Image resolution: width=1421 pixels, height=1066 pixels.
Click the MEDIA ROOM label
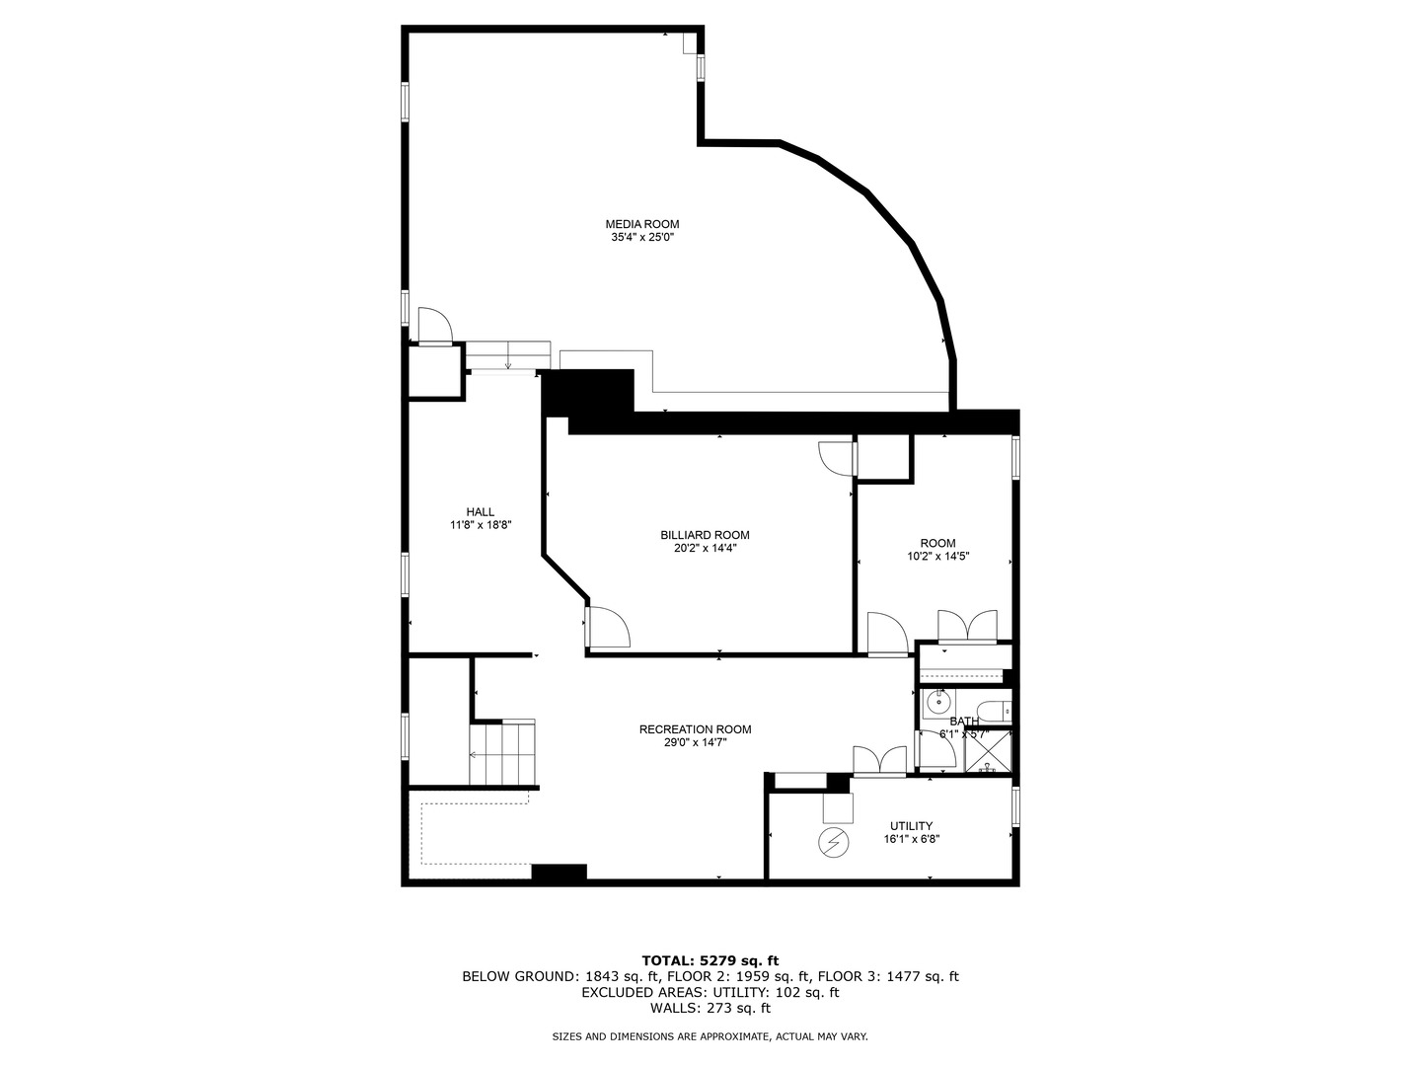(x=641, y=224)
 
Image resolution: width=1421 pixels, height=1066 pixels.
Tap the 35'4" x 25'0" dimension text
(x=641, y=237)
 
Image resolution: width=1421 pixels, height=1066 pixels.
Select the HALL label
(x=481, y=511)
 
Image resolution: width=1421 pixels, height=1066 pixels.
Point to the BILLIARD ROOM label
(x=698, y=535)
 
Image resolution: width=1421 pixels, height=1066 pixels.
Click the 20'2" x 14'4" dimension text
(x=698, y=548)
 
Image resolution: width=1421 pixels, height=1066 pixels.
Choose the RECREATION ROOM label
(x=695, y=729)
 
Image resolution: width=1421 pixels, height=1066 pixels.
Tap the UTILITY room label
(x=910, y=826)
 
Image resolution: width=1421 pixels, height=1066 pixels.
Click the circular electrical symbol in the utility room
(x=834, y=843)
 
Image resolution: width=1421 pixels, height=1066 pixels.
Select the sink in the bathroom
(x=937, y=704)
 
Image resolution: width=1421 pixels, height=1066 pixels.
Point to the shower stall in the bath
(x=988, y=752)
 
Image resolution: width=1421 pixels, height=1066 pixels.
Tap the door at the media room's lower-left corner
(x=434, y=326)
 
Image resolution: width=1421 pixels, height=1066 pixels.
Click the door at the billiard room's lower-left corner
(x=608, y=628)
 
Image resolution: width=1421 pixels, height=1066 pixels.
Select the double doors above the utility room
(x=879, y=761)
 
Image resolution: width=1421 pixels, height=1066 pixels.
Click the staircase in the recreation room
(x=503, y=754)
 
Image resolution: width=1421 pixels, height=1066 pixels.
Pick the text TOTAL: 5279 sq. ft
(x=710, y=959)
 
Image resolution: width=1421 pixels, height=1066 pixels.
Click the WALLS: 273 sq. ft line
(x=710, y=1008)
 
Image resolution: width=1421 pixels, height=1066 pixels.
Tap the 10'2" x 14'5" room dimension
(x=937, y=556)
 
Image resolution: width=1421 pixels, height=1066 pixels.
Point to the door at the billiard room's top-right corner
(x=835, y=457)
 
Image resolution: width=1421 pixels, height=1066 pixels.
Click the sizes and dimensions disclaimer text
(x=710, y=1036)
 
